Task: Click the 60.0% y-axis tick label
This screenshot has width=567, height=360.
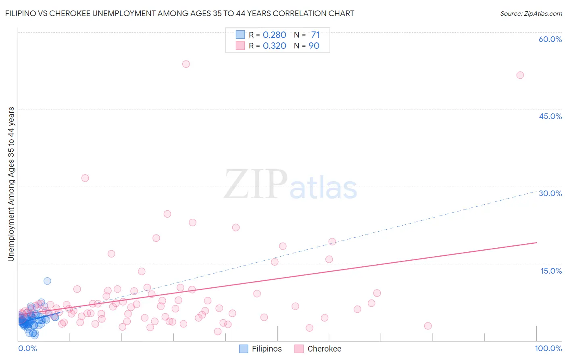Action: pyautogui.click(x=550, y=39)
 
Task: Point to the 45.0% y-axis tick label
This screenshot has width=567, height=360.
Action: pyautogui.click(x=550, y=116)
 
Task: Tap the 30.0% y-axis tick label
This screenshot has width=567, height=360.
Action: pyautogui.click(x=550, y=193)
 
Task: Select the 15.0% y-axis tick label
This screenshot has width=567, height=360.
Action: pyautogui.click(x=551, y=270)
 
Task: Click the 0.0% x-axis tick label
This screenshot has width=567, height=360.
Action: pyautogui.click(x=27, y=348)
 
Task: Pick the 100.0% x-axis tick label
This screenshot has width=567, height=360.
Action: pyautogui.click(x=548, y=348)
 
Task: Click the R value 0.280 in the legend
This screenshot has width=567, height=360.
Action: pyautogui.click(x=274, y=35)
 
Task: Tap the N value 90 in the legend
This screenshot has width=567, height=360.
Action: pyautogui.click(x=314, y=46)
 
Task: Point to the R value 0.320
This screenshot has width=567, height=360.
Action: pyautogui.click(x=274, y=46)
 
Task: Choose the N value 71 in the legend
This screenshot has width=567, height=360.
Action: pyautogui.click(x=315, y=35)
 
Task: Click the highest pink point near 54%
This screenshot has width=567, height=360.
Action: pyautogui.click(x=186, y=64)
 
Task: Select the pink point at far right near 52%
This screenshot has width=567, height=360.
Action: pyautogui.click(x=520, y=75)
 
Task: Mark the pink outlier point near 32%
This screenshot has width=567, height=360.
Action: pyautogui.click(x=85, y=178)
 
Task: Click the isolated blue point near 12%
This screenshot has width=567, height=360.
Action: pyautogui.click(x=47, y=281)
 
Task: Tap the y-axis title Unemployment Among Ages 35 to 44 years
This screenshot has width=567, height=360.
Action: pyautogui.click(x=11, y=184)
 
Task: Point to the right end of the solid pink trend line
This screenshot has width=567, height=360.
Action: pyautogui.click(x=536, y=243)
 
